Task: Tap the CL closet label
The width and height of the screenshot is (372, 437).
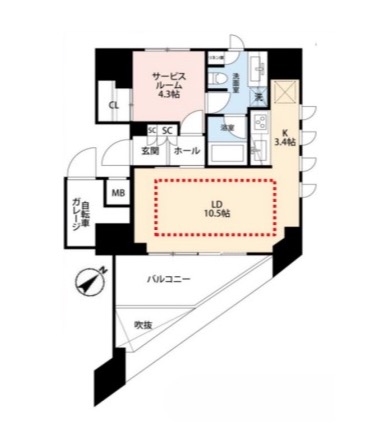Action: [114, 105]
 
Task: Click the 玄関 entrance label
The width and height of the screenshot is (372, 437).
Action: [149, 151]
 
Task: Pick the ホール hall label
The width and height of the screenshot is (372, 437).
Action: [184, 151]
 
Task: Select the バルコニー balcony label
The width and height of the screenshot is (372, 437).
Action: [168, 280]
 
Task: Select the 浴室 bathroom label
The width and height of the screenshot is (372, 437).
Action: [228, 127]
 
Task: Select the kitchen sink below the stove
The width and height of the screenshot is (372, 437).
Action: [262, 149]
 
